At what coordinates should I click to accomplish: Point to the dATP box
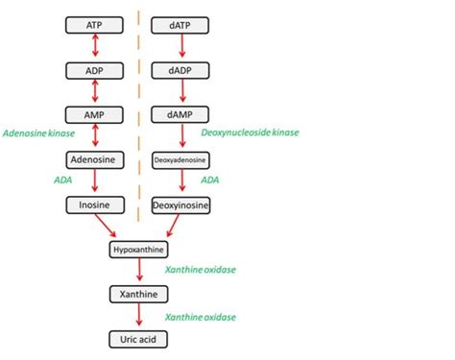pyautogui.click(x=181, y=24)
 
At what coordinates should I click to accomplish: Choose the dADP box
pyautogui.click(x=181, y=70)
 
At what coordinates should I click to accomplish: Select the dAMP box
pyautogui.click(x=181, y=113)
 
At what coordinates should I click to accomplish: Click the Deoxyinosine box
pyautogui.click(x=181, y=204)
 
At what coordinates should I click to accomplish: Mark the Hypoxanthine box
pyautogui.click(x=139, y=250)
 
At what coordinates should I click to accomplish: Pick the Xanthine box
pyautogui.click(x=139, y=294)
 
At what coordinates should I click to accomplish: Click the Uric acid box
pyautogui.click(x=139, y=338)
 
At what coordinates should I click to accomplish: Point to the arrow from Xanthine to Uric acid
pyautogui.click(x=139, y=316)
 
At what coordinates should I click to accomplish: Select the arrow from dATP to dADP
pyautogui.click(x=181, y=47)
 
